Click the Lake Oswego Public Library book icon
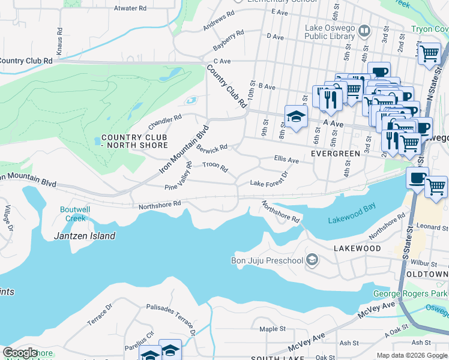364,31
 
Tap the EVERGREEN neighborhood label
336,154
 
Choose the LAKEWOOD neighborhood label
358,248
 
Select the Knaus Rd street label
59,38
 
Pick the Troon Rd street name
215,166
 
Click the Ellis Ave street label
286,160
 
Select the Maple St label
273,329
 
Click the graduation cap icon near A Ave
296,117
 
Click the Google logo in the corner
20,353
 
